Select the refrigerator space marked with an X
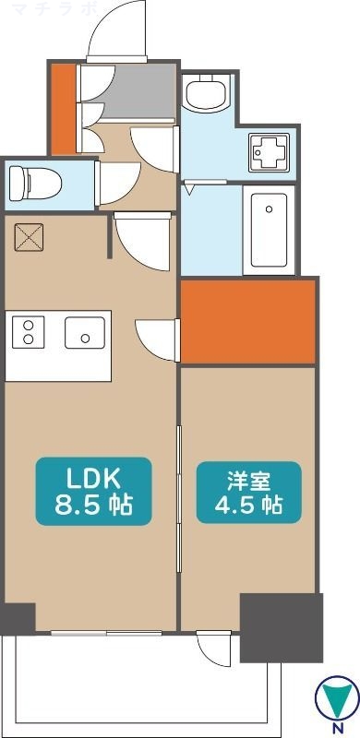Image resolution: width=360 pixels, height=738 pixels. pos(30,238)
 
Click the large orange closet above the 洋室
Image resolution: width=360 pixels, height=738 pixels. pos(247,321)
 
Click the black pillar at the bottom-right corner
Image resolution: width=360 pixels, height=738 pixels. pos(282,627)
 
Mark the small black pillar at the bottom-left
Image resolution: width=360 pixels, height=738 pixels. pos(18,617)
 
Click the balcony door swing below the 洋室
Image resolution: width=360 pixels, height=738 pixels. pos(211,649)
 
